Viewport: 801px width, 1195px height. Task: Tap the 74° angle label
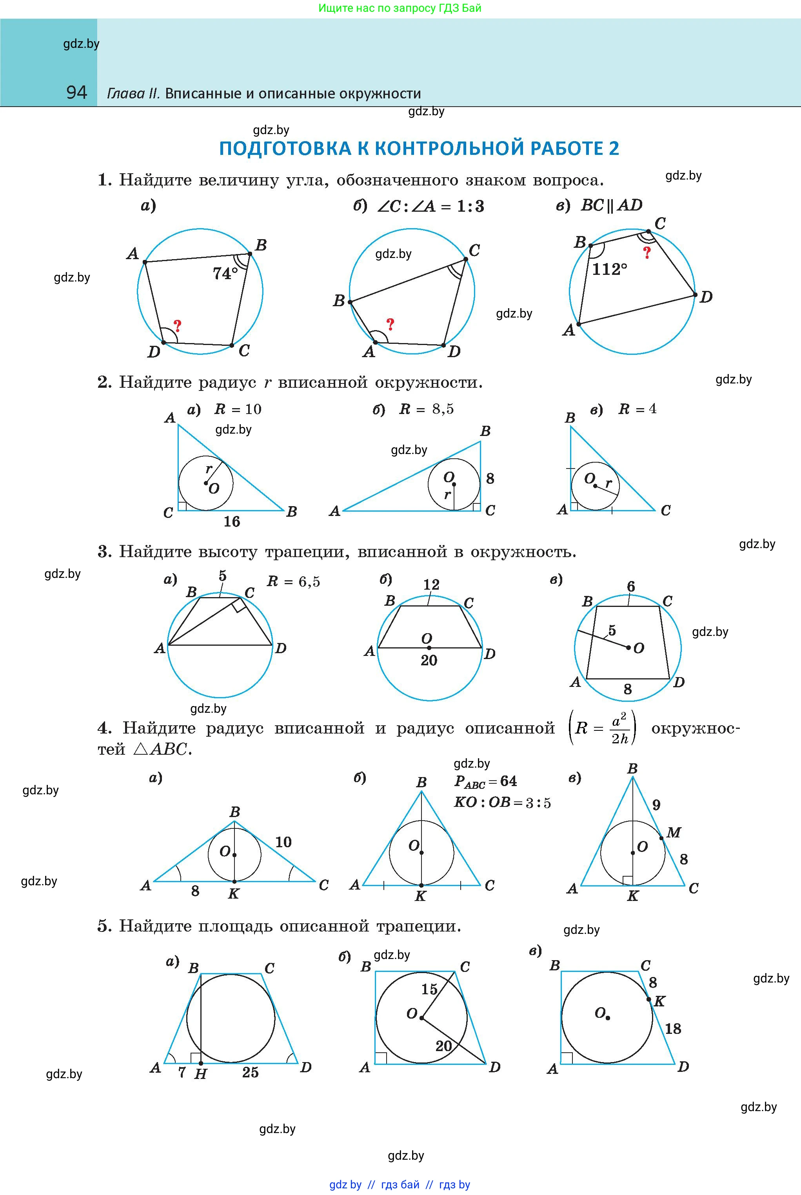pos(225,274)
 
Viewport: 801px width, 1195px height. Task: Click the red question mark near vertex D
pos(177,326)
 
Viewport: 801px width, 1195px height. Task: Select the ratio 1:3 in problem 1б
pos(470,206)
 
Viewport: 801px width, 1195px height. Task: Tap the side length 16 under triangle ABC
pos(232,521)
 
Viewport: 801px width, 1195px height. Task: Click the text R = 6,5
pos(294,582)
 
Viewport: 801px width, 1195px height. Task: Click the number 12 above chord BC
pos(431,585)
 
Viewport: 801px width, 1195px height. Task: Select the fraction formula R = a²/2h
pos(603,728)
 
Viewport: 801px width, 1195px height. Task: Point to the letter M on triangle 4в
pos(674,833)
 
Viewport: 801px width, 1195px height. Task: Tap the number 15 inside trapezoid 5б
pos(430,989)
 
